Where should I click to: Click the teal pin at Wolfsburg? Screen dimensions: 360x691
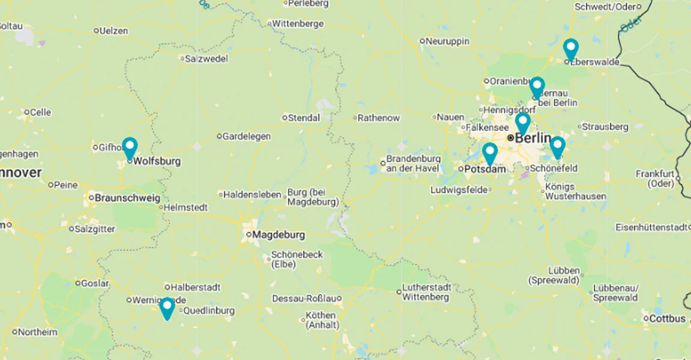tap(130, 147)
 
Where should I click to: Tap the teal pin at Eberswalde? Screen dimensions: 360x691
tap(571, 48)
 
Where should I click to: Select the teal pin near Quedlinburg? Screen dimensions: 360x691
tap(167, 307)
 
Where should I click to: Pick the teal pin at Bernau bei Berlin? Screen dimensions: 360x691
tap(537, 86)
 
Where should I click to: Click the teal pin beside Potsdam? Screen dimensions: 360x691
tap(490, 152)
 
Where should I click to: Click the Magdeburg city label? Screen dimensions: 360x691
tap(278, 235)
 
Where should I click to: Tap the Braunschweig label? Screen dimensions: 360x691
tap(127, 197)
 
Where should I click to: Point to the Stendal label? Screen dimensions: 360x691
tap(304, 118)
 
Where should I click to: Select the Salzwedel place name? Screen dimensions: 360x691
tap(206, 59)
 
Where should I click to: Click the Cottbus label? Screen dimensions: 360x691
tap(667, 319)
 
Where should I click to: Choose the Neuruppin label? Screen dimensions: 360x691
tap(447, 41)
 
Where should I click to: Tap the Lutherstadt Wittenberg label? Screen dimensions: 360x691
tap(426, 292)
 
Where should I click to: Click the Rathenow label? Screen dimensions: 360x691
tap(378, 118)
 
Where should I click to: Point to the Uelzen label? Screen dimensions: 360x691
tap(115, 30)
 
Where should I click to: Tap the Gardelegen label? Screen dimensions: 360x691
tap(246, 136)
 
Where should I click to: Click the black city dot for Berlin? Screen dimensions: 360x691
tap(510, 137)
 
